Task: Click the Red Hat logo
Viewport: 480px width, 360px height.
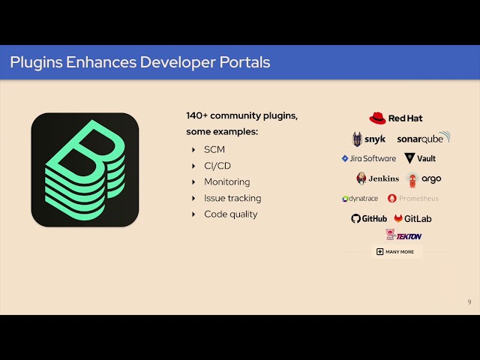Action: [x=396, y=118]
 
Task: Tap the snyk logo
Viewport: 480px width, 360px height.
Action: [x=369, y=139]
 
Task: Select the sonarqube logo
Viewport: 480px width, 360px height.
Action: [x=423, y=139]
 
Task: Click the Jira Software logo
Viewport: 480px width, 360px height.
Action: [x=368, y=158]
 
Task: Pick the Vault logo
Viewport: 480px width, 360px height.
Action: [x=420, y=158]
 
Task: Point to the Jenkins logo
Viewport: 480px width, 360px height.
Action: [x=378, y=178]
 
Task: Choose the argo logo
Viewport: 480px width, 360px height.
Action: [x=424, y=178]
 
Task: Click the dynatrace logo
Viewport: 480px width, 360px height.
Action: [x=361, y=199]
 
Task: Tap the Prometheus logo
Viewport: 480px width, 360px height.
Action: [x=413, y=199]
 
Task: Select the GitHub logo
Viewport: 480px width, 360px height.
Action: [x=369, y=218]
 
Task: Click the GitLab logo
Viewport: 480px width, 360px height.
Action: [x=412, y=218]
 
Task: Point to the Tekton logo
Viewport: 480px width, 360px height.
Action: [x=403, y=235]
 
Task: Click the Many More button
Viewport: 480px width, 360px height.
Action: [x=395, y=251]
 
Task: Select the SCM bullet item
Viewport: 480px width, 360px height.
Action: [x=214, y=149]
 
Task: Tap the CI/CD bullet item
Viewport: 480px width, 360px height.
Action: [x=217, y=166]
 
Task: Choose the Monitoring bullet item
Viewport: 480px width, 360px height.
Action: [x=226, y=181]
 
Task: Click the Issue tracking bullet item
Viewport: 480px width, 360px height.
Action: [x=232, y=198]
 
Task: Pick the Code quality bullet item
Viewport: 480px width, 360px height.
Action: [x=230, y=214]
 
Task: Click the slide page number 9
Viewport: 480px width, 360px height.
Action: [x=469, y=301]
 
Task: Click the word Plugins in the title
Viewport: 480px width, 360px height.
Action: [x=36, y=62]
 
